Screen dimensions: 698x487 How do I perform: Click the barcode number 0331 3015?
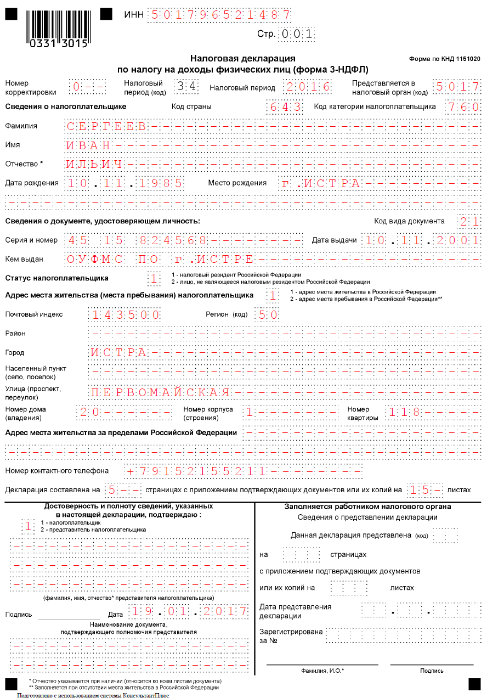(58, 44)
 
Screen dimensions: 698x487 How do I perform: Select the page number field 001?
(297, 34)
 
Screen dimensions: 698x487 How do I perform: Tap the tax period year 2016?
(308, 87)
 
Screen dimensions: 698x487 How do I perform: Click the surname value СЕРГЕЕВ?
(106, 126)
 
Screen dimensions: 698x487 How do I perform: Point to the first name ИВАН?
(88, 145)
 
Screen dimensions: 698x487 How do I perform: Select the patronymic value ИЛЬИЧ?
(94, 164)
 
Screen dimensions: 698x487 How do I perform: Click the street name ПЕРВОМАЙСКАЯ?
(160, 392)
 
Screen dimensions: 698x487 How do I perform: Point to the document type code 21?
(469, 221)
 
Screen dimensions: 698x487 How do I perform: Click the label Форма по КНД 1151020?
(445, 58)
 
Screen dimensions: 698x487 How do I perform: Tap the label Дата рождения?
(32, 183)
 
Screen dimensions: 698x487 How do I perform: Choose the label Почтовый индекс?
(34, 314)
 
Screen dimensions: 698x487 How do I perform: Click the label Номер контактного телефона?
(57, 471)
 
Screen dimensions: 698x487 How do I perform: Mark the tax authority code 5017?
(456, 87)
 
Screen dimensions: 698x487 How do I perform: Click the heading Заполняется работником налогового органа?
(367, 507)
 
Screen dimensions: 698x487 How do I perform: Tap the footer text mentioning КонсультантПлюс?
(93, 695)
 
